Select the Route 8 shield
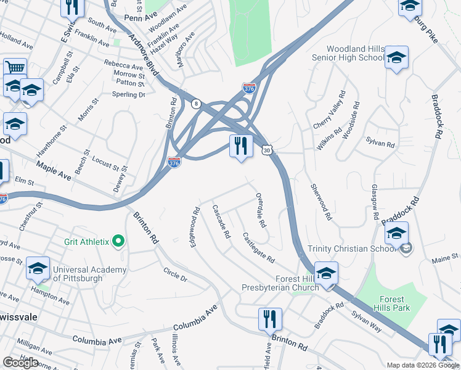pos(195,103)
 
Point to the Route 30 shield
pos(266,150)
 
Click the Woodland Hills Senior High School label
pos(347,53)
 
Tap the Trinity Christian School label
pos(352,249)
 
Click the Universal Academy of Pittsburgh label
pos(89,274)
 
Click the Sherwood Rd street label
pos(322,202)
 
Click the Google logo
pos(21,363)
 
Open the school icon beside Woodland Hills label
pos(396,59)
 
